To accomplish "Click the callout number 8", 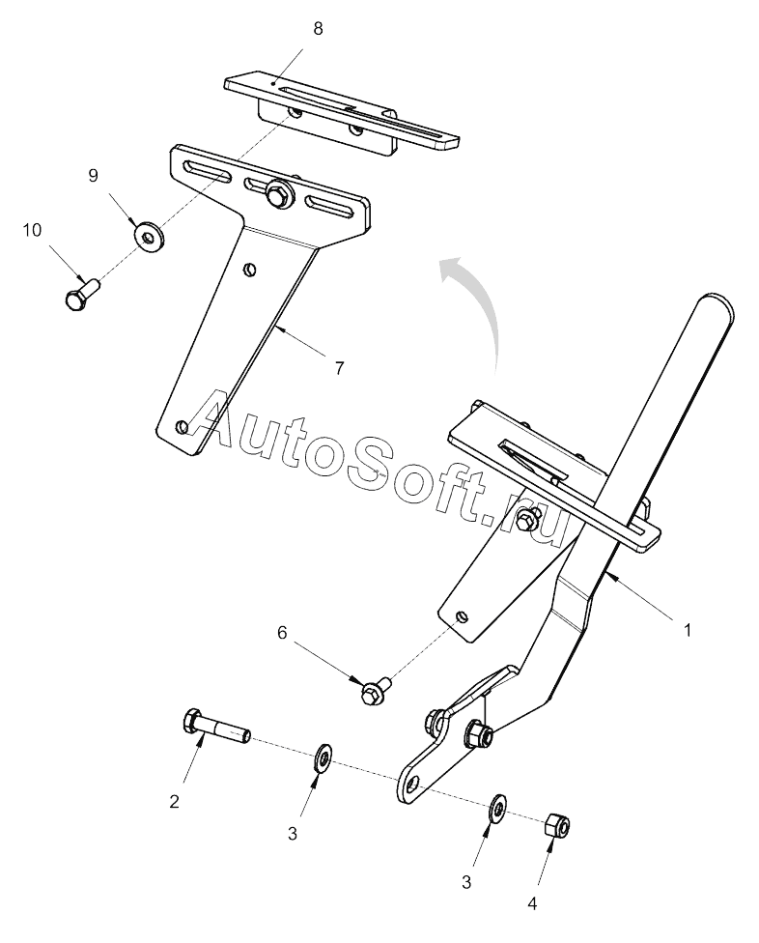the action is tap(318, 28).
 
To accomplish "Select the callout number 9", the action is tap(94, 175).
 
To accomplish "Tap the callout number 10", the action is tap(32, 230).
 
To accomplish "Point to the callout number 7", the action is tap(339, 368).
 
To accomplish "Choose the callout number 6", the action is tap(282, 633).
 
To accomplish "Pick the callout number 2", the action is tap(175, 800).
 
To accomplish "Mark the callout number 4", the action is tap(530, 904).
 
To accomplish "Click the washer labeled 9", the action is tap(148, 235).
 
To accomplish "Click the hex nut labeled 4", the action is tap(557, 825).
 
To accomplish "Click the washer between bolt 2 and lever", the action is tap(323, 757).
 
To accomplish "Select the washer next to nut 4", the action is tap(498, 808).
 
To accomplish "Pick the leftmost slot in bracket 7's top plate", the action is tap(210, 172).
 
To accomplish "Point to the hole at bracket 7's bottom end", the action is tap(183, 424).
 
